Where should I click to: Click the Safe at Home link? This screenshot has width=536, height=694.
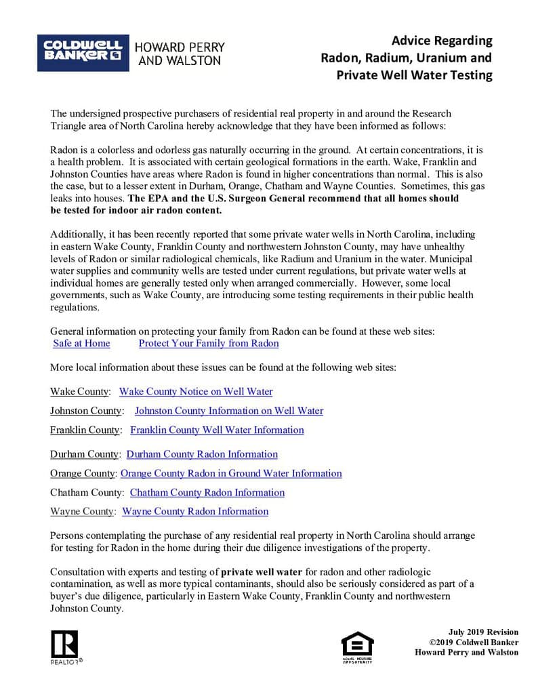81,344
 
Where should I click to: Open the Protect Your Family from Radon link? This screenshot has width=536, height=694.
209,344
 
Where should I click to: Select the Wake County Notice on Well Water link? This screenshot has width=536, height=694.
196,392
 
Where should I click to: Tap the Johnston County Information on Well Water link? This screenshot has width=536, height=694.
229,411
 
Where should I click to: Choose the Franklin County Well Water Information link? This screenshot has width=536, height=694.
217,430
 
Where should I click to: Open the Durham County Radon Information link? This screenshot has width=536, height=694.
202,454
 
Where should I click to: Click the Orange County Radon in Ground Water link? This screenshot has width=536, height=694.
231,474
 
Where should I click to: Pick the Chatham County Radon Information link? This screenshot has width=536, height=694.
207,493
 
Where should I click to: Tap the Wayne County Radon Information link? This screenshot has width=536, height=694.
195,512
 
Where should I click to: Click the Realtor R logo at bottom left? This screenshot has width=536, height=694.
64,643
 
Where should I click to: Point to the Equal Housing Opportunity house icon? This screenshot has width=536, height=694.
357,645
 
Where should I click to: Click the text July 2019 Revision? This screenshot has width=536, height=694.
482,632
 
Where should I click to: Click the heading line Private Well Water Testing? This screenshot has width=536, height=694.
414,75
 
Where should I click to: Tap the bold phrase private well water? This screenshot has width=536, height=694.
262,572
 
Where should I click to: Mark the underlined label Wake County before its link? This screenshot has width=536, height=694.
79,392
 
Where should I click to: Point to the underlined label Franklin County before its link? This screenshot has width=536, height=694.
85,430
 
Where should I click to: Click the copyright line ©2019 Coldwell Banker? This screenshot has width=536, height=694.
474,642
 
